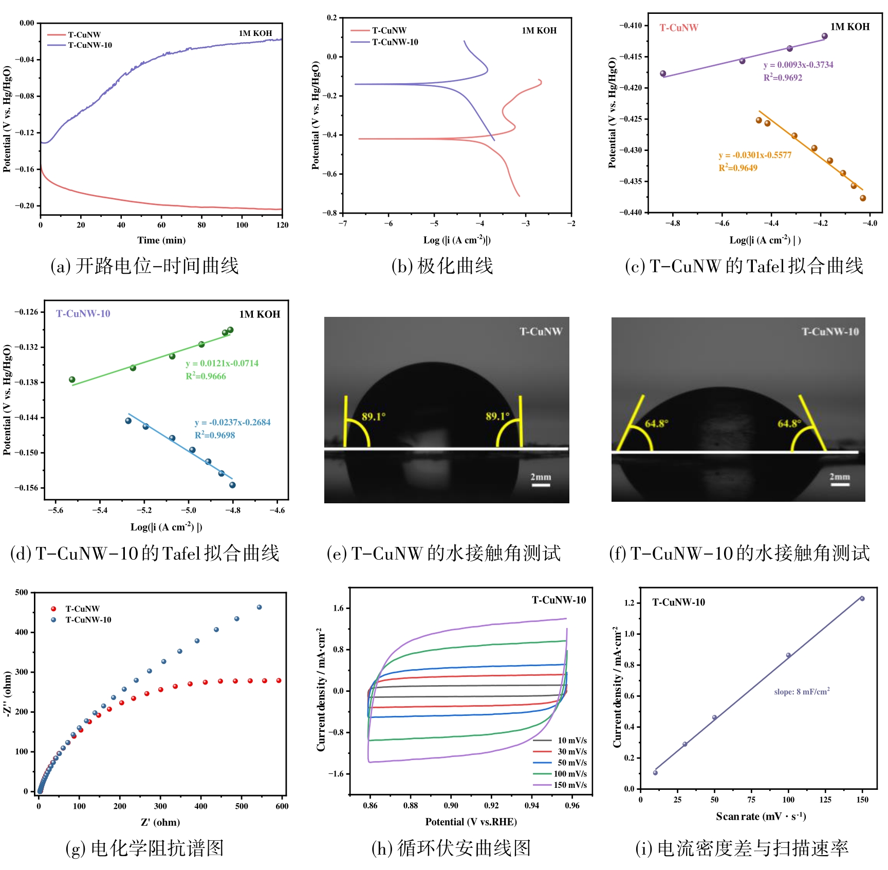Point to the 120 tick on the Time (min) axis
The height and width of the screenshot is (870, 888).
pos(282,225)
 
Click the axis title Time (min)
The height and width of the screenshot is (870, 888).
pos(161,240)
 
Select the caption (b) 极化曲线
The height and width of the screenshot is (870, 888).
pos(442,266)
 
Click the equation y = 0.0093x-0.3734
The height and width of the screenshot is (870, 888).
pos(798,65)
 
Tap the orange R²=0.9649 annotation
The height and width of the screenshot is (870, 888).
pos(737,168)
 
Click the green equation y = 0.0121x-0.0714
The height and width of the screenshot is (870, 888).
pos(222,364)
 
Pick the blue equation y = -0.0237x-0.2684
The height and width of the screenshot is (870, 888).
pos(232,423)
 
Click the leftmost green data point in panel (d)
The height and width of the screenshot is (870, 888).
pos(72,380)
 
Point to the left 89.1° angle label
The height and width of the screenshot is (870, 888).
pos(374,417)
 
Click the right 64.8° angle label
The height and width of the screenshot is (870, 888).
pos(789,424)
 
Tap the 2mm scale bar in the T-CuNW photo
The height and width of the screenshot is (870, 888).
pos(541,484)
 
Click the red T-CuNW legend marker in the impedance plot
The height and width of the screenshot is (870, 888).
pos(53,609)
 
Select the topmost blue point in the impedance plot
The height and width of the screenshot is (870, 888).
pos(259,607)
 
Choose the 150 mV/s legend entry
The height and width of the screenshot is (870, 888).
pos(570,785)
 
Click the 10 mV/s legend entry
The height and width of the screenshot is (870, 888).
pos(572,741)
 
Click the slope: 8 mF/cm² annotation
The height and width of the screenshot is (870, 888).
pos(802,692)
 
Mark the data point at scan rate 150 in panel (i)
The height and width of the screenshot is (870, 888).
pos(862,599)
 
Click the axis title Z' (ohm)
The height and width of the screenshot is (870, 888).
pos(160,822)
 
